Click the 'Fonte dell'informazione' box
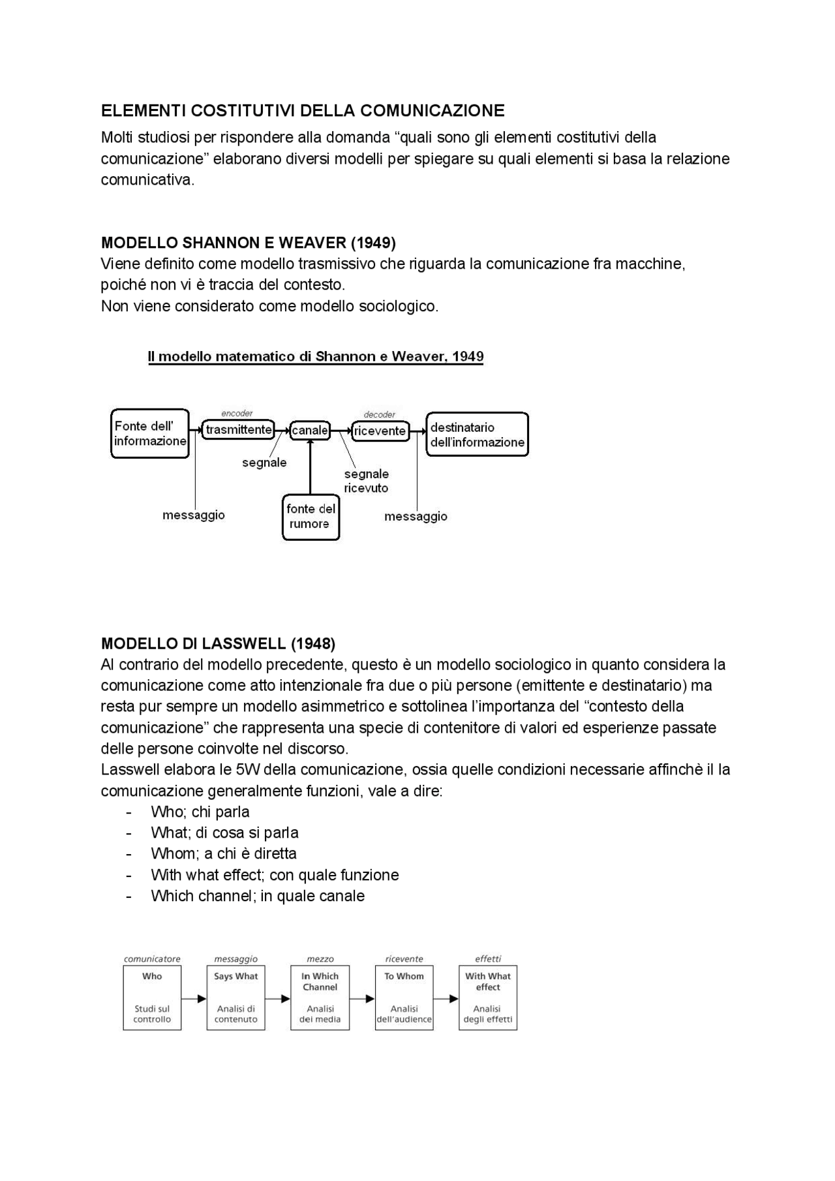click(x=150, y=434)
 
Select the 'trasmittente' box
click(x=238, y=430)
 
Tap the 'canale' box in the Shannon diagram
click(x=310, y=431)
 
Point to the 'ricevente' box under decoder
click(x=380, y=431)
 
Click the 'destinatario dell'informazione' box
click(x=477, y=435)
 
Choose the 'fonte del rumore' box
click(x=311, y=517)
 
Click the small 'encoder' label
click(x=237, y=414)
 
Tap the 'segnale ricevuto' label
click(x=366, y=482)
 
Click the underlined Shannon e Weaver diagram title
click(x=316, y=357)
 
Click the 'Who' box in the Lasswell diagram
click(x=152, y=998)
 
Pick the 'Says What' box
click(x=235, y=998)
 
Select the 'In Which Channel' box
click(x=320, y=998)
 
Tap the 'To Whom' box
click(x=404, y=998)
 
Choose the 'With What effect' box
click(x=487, y=998)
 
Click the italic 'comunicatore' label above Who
click(x=152, y=959)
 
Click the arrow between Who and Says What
click(x=194, y=999)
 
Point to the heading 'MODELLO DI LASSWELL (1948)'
click(x=218, y=644)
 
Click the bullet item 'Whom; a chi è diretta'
click(x=223, y=854)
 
